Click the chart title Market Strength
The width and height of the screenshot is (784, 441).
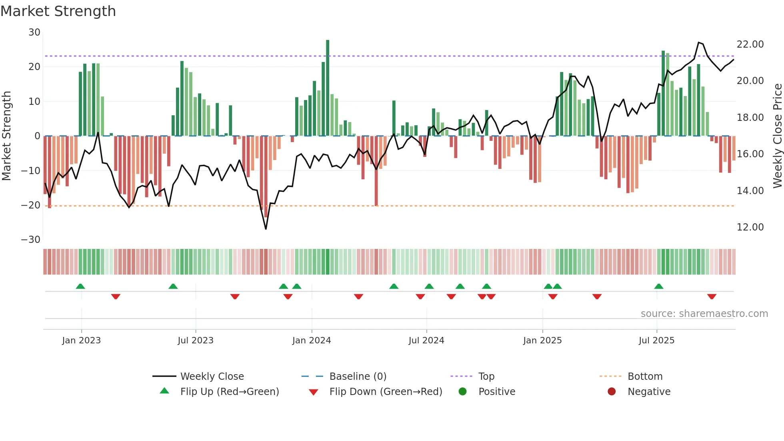(x=58, y=11)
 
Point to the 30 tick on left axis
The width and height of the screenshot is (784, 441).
(x=34, y=32)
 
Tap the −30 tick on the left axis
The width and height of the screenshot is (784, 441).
(x=31, y=240)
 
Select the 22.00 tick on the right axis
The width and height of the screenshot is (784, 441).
(x=750, y=44)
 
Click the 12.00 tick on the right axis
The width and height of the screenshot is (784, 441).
(x=750, y=227)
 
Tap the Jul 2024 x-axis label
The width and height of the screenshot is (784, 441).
(x=426, y=341)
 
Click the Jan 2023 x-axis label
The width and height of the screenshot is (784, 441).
(x=81, y=341)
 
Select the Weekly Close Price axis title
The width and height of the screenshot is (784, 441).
(x=777, y=136)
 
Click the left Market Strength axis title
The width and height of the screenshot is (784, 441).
(x=6, y=136)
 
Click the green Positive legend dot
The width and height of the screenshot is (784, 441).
(x=462, y=392)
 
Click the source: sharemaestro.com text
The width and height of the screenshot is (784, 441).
(x=704, y=314)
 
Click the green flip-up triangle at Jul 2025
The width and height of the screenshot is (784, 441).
(x=658, y=287)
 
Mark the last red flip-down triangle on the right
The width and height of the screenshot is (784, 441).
(x=712, y=297)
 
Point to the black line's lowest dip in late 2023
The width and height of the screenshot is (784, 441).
(x=266, y=229)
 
